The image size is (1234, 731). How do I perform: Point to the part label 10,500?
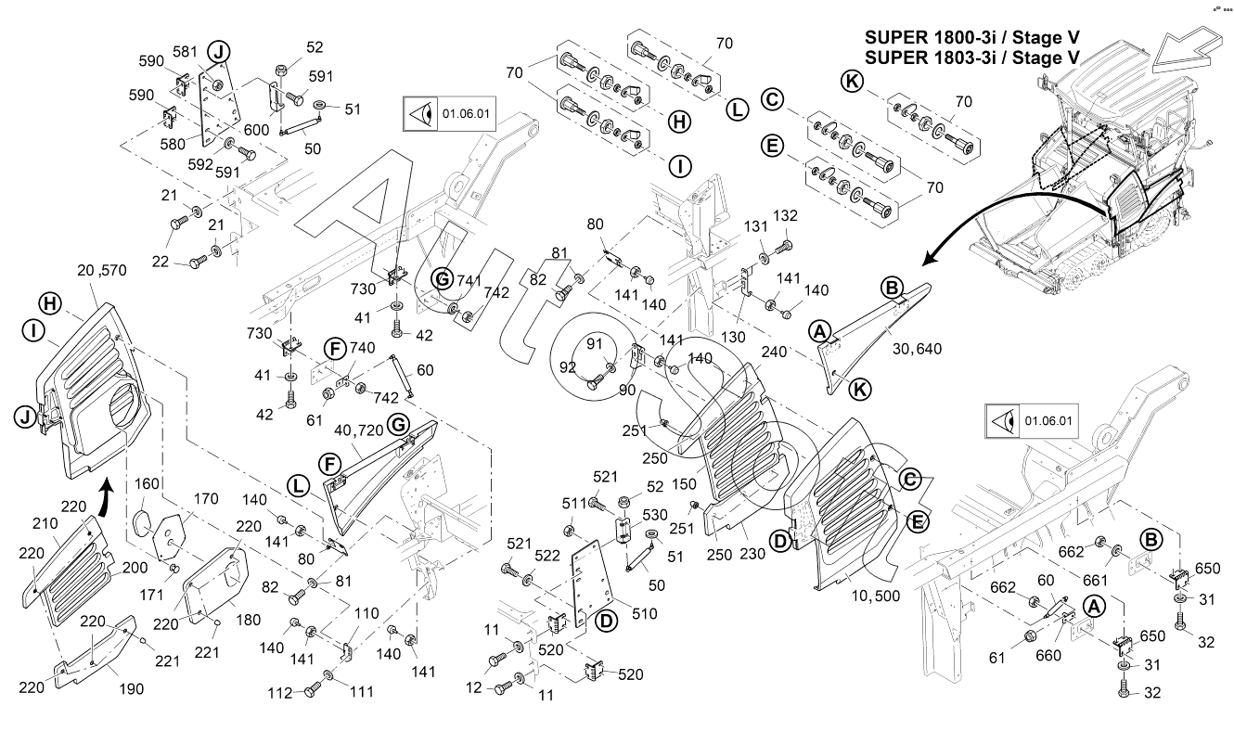[x=874, y=596]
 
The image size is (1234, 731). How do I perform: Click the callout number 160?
[x=148, y=483]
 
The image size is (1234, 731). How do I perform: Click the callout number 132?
[x=786, y=215]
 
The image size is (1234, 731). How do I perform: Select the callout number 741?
[x=469, y=278]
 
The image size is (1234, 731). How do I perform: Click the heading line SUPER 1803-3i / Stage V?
[x=971, y=58]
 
